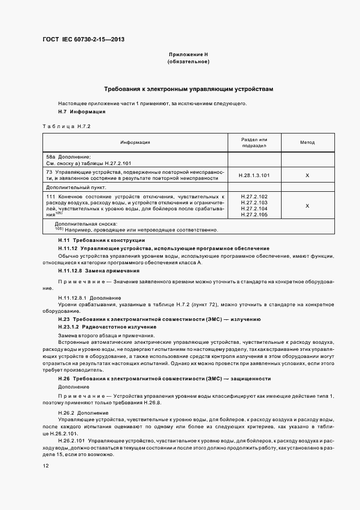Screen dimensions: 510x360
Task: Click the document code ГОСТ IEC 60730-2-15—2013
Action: (x=80, y=40)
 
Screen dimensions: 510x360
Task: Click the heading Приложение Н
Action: (x=188, y=55)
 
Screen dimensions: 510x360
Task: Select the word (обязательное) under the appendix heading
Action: (x=188, y=62)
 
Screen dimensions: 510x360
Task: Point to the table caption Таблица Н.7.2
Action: (x=65, y=126)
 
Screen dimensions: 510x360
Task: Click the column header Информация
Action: (x=136, y=142)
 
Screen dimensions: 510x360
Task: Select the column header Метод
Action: (x=307, y=142)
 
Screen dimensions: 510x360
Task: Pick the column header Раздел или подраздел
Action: (x=254, y=142)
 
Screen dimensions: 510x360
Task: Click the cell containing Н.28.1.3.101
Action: (x=254, y=175)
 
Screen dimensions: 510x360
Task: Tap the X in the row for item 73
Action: (x=307, y=175)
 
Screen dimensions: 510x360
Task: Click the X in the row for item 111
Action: (x=307, y=206)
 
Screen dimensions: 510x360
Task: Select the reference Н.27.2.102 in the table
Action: (x=254, y=196)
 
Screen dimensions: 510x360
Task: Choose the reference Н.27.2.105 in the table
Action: (x=254, y=215)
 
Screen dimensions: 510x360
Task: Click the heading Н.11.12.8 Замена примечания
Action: (x=99, y=270)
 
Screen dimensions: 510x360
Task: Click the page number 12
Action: (x=45, y=466)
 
